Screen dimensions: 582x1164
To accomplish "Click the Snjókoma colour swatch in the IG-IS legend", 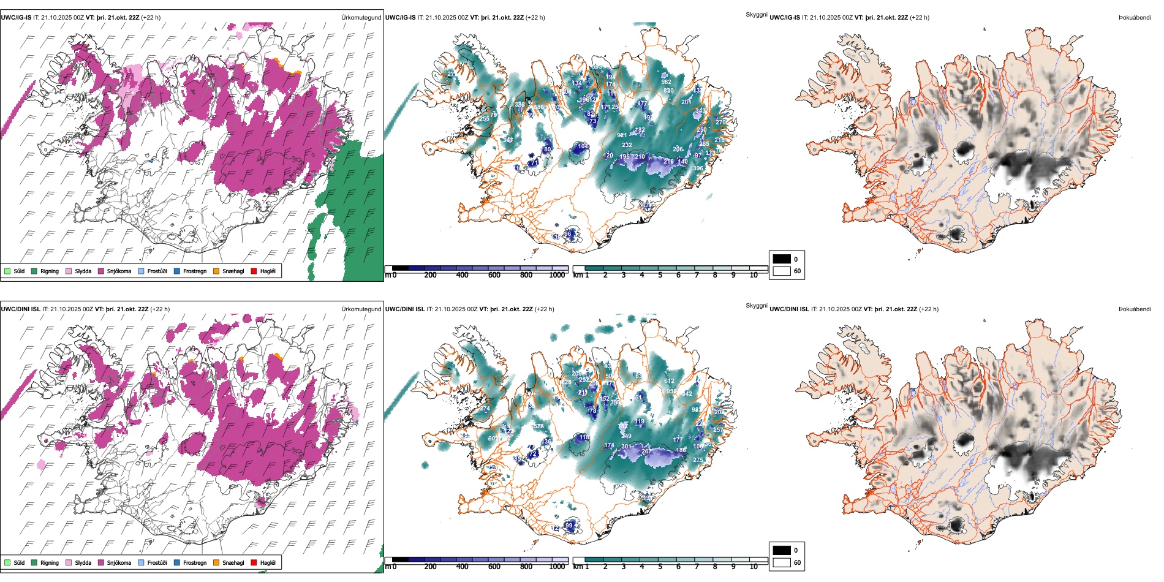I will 101,271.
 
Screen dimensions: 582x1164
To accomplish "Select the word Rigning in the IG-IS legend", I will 50,271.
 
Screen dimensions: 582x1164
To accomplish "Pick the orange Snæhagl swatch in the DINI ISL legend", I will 216,562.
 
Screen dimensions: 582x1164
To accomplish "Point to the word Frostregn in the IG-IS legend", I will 195,271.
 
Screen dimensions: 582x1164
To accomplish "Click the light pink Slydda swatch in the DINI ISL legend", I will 69,562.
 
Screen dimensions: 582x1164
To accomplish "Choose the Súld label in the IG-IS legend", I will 19,271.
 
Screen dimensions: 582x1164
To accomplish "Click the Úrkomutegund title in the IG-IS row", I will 361,17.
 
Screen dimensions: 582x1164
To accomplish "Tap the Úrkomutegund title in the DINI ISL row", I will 361,309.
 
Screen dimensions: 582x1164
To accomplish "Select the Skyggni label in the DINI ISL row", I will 757,305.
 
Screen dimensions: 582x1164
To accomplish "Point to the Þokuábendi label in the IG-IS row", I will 1135,17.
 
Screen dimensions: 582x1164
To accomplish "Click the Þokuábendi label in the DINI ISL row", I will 1135,309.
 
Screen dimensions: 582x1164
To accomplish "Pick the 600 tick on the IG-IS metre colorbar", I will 494,275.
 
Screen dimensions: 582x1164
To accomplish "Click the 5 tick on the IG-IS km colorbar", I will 660,275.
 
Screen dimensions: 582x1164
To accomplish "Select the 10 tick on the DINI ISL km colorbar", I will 754,567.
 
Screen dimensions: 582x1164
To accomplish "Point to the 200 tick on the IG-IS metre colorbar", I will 431,275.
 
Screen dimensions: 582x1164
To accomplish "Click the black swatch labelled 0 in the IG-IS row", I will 782,259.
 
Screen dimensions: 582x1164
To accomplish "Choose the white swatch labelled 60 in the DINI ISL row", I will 782,562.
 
